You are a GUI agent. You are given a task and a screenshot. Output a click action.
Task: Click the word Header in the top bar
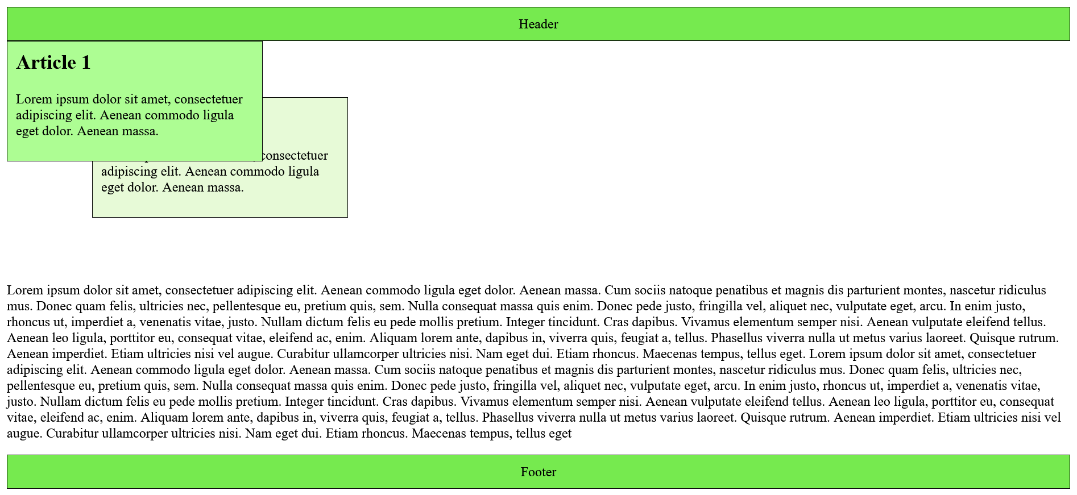[538, 24]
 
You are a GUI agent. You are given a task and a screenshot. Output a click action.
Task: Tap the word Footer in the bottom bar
[538, 472]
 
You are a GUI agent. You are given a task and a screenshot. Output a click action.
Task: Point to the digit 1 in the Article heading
[86, 63]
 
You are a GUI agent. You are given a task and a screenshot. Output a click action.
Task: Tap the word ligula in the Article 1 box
[216, 116]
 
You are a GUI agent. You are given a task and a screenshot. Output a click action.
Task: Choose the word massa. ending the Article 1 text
[139, 131]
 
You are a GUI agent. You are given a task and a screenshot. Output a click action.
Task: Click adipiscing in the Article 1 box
[44, 116]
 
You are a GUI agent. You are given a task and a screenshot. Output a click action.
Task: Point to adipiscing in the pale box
[129, 172]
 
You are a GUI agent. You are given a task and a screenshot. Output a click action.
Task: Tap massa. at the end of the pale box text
[224, 188]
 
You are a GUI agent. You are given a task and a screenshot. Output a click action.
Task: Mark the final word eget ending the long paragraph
[559, 434]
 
